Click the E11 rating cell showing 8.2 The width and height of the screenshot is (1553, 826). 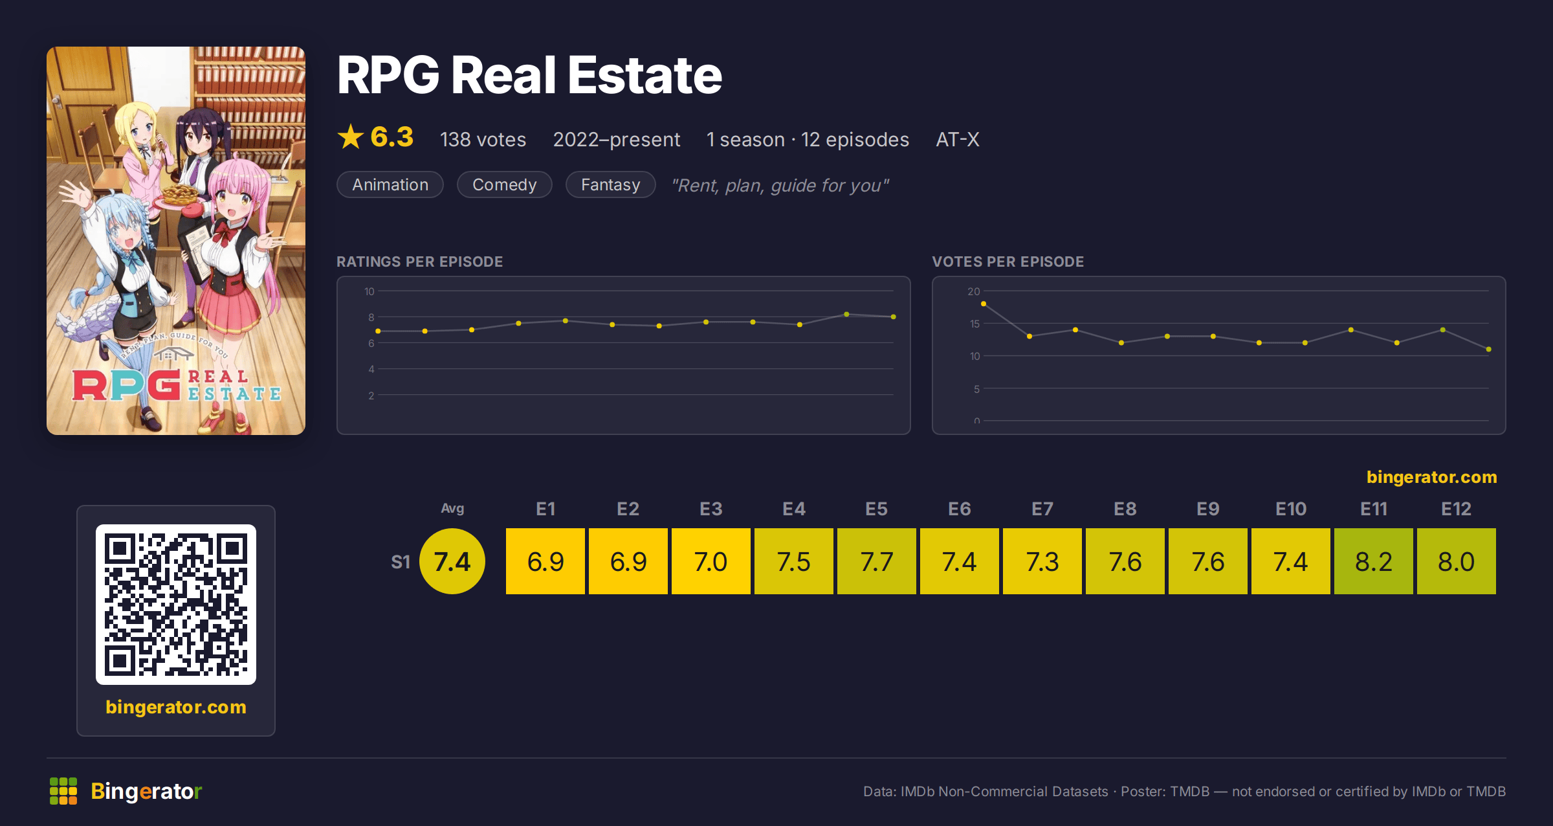point(1373,561)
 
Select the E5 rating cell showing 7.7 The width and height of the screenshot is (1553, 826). point(876,561)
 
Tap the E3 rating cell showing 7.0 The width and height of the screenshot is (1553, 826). point(710,561)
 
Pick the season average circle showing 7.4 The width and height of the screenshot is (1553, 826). point(452,561)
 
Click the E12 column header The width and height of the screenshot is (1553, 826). point(1456,509)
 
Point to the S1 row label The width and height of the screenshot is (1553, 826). point(401,562)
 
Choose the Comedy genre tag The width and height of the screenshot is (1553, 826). point(505,184)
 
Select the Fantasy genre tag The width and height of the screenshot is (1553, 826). point(611,184)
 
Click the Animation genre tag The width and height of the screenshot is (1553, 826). point(390,184)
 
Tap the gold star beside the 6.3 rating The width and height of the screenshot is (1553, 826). point(351,137)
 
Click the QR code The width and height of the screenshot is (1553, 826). point(176,605)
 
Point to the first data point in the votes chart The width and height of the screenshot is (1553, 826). point(984,304)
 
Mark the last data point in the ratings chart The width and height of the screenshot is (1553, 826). point(894,317)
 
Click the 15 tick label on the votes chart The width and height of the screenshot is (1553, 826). point(975,324)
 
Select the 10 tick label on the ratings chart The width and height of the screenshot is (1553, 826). point(369,291)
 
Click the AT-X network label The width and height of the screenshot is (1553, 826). point(958,139)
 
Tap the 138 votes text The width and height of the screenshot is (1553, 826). point(483,139)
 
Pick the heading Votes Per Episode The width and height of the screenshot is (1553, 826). point(1008,262)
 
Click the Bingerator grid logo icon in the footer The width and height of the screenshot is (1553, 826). point(63,791)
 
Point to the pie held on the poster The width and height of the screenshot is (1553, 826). point(181,194)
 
